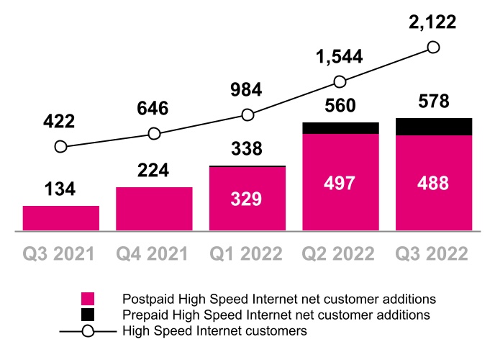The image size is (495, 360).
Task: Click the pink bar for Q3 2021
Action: point(61,218)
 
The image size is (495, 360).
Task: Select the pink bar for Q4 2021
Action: point(154,209)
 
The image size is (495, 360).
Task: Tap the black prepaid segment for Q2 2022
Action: point(340,128)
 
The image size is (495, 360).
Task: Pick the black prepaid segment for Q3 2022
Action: point(434,127)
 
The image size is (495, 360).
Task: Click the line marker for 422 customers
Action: point(61,147)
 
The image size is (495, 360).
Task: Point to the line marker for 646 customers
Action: point(154,133)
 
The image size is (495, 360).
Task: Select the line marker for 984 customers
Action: point(247,114)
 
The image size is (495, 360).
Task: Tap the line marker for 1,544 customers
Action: point(340,81)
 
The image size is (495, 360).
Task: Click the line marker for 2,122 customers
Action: point(433,48)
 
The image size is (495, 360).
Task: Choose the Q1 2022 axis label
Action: point(247,254)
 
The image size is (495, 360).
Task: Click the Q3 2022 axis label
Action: point(434,254)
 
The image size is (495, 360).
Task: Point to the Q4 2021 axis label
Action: point(154,254)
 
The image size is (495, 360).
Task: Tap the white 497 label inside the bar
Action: point(340,183)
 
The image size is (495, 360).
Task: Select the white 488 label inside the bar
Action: point(434,183)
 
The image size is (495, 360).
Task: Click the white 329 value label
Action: point(247,199)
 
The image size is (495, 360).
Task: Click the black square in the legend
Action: point(88,315)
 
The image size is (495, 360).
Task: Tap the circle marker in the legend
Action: point(88,331)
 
